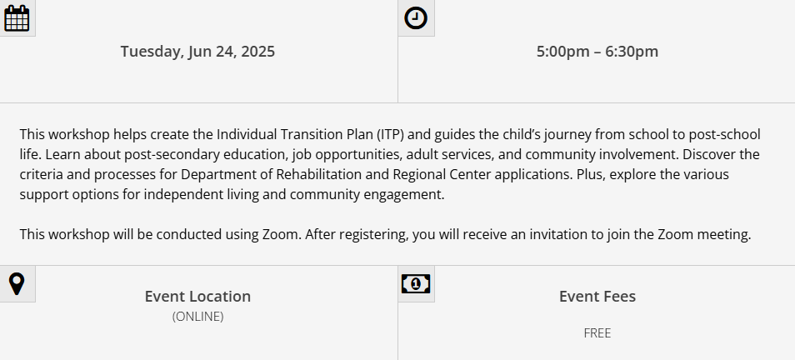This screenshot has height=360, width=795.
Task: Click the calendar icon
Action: point(17,18)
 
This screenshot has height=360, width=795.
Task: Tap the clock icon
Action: point(416,18)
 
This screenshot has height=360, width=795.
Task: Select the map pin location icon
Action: point(17,284)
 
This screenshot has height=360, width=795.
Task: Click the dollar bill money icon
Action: point(416,284)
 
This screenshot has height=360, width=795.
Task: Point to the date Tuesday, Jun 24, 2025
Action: point(197,52)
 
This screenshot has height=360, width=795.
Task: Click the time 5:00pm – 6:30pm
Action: point(597,52)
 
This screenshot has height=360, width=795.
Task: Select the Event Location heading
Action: point(197,296)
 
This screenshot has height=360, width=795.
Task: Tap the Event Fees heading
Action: point(597,296)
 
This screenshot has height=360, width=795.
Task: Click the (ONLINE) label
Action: point(197,317)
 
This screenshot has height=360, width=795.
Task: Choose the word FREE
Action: point(597,333)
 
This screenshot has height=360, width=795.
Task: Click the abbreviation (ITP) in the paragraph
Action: point(390,135)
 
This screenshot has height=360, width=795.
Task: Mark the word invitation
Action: point(560,235)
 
